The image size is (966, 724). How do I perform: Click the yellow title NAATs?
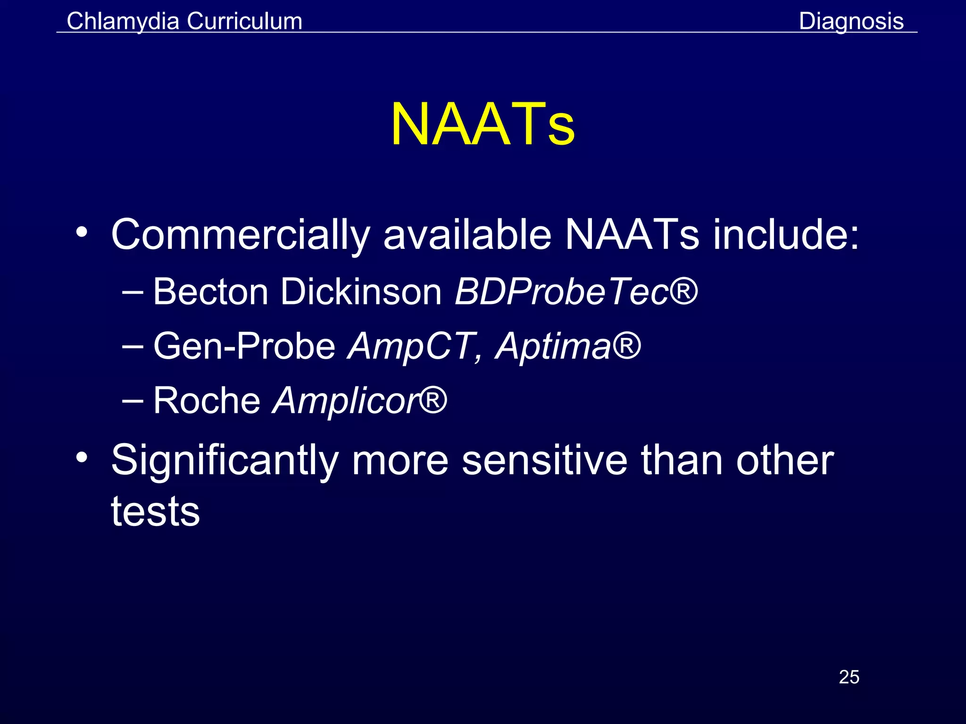click(x=483, y=124)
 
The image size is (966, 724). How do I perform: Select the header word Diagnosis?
click(x=851, y=21)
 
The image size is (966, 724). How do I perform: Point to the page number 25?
click(x=849, y=677)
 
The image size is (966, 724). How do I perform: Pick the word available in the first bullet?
click(x=467, y=235)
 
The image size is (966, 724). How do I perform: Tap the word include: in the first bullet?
click(x=786, y=235)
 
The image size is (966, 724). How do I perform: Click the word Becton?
click(x=210, y=292)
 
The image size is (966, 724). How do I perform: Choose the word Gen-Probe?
click(x=244, y=346)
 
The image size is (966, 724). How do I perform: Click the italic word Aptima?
click(x=553, y=346)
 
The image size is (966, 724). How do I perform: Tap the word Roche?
click(x=207, y=401)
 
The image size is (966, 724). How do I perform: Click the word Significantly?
click(x=225, y=461)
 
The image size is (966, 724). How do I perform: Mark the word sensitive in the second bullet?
click(x=544, y=461)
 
